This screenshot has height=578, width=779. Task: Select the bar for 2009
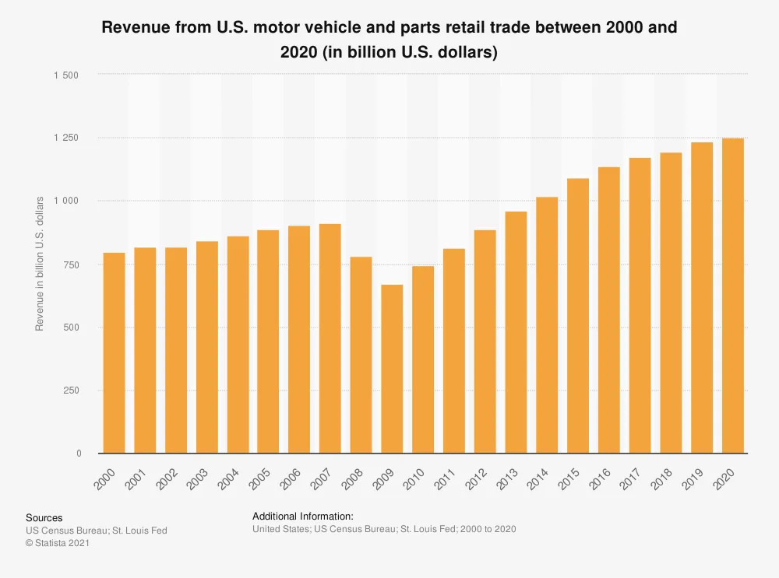(392, 369)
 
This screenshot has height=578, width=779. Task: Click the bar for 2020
(732, 296)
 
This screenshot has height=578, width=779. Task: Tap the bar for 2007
(330, 338)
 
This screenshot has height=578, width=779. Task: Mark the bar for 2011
(454, 351)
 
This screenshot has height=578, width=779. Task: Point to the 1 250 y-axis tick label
(66, 138)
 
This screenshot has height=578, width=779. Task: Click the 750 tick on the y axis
(72, 264)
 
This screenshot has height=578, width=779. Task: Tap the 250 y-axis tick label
(72, 391)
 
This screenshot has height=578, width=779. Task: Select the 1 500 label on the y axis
(66, 75)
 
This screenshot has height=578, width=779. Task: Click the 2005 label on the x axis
(259, 479)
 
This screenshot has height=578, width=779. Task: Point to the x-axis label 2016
(600, 479)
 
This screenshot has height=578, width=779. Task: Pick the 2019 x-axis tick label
(693, 479)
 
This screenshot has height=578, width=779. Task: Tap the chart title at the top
(389, 40)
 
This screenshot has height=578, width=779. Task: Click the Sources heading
(44, 517)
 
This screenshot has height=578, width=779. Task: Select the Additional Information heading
(303, 516)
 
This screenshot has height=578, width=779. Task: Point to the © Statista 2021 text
(58, 543)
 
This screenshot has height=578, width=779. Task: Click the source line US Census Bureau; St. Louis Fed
(97, 531)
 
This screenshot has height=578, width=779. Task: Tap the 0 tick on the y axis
(78, 454)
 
